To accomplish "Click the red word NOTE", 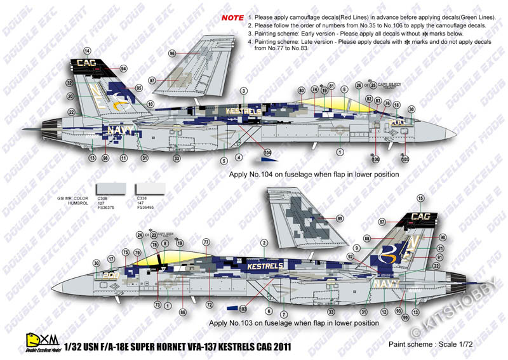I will [x=232, y=19].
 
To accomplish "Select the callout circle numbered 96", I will [x=172, y=54].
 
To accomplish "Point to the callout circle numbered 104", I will [x=267, y=153].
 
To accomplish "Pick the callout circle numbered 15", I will [x=420, y=199].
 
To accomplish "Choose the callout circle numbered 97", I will [x=152, y=81].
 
